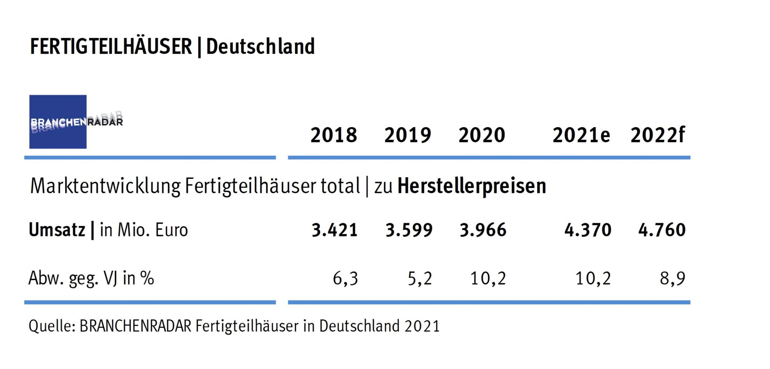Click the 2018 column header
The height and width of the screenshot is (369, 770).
pyautogui.click(x=334, y=135)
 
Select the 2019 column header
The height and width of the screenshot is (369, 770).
pyautogui.click(x=407, y=135)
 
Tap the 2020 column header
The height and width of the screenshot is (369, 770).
pyautogui.click(x=482, y=135)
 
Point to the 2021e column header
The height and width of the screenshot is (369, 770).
pyautogui.click(x=581, y=135)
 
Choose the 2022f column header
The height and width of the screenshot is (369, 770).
pyautogui.click(x=658, y=135)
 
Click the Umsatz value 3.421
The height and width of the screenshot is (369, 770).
pyautogui.click(x=334, y=230)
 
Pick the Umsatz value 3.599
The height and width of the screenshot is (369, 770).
pyautogui.click(x=409, y=230)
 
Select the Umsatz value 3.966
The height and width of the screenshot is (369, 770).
pyautogui.click(x=483, y=230)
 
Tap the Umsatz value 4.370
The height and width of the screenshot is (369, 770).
pyautogui.click(x=588, y=230)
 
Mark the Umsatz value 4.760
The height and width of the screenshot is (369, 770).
pyautogui.click(x=662, y=230)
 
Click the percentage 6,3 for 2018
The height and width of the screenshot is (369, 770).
pyautogui.click(x=345, y=279)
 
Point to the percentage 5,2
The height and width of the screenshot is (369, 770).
pyautogui.click(x=420, y=279)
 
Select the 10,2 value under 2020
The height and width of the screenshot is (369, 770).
pyautogui.click(x=488, y=279)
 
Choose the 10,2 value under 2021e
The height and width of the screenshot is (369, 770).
pyautogui.click(x=593, y=279)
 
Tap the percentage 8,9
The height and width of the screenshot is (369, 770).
pyautogui.click(x=672, y=279)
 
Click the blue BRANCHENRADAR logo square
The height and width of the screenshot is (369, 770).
pyautogui.click(x=58, y=122)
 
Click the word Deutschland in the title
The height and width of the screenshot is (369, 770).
pyautogui.click(x=260, y=47)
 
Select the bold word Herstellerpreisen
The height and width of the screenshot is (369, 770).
pyautogui.click(x=472, y=186)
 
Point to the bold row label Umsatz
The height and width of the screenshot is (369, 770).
pyautogui.click(x=57, y=230)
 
